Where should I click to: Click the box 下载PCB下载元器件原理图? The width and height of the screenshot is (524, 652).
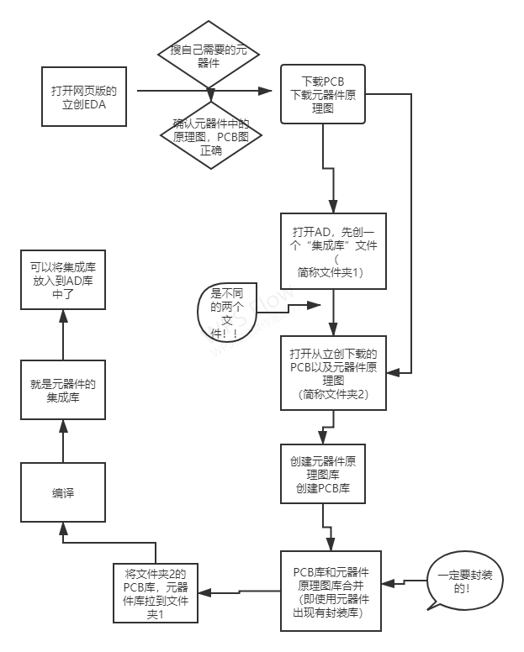point(322,95)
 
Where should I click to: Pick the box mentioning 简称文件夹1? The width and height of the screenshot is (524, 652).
point(334,251)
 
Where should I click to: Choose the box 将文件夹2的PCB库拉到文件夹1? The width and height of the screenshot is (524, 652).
point(155,594)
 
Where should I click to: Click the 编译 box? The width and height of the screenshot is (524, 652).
point(63,493)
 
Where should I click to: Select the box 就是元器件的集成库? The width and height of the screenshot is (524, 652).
point(63,392)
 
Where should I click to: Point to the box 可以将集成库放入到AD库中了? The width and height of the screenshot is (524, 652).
point(63,281)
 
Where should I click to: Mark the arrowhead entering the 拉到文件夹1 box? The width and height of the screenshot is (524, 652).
point(204,594)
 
